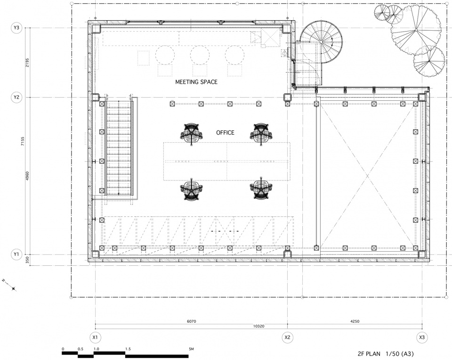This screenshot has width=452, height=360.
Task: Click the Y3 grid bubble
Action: click(16, 28)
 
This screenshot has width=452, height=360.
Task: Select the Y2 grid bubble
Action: click(16, 97)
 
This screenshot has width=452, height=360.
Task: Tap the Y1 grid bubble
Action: click(16, 254)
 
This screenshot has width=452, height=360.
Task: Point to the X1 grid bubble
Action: click(95, 337)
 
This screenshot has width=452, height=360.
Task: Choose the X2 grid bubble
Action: click(287, 337)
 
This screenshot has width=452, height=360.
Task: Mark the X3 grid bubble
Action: click(422, 337)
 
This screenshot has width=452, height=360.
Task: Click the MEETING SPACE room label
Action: click(196, 82)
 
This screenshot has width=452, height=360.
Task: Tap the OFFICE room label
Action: click(225, 133)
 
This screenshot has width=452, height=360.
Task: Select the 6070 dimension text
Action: click(192, 321)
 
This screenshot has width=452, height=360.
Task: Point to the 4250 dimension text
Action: click(355, 321)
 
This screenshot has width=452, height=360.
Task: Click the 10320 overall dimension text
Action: click(258, 326)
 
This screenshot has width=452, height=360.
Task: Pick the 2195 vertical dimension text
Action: click(27, 63)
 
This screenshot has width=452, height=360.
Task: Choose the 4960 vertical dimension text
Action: click(27, 176)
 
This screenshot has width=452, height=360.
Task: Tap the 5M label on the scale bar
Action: click(192, 349)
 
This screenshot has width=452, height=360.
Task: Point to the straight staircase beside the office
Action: click(119, 147)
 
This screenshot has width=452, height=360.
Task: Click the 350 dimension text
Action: click(27, 260)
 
